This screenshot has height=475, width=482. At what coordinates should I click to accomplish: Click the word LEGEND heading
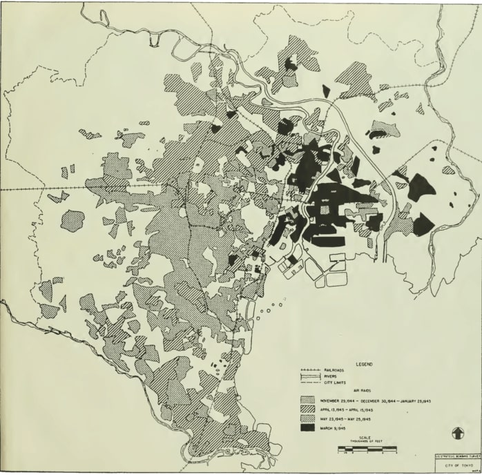click(x=365, y=363)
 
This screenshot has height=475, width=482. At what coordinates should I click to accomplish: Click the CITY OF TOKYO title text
click(x=455, y=465)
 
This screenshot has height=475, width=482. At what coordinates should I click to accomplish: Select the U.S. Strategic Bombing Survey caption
click(x=455, y=456)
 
